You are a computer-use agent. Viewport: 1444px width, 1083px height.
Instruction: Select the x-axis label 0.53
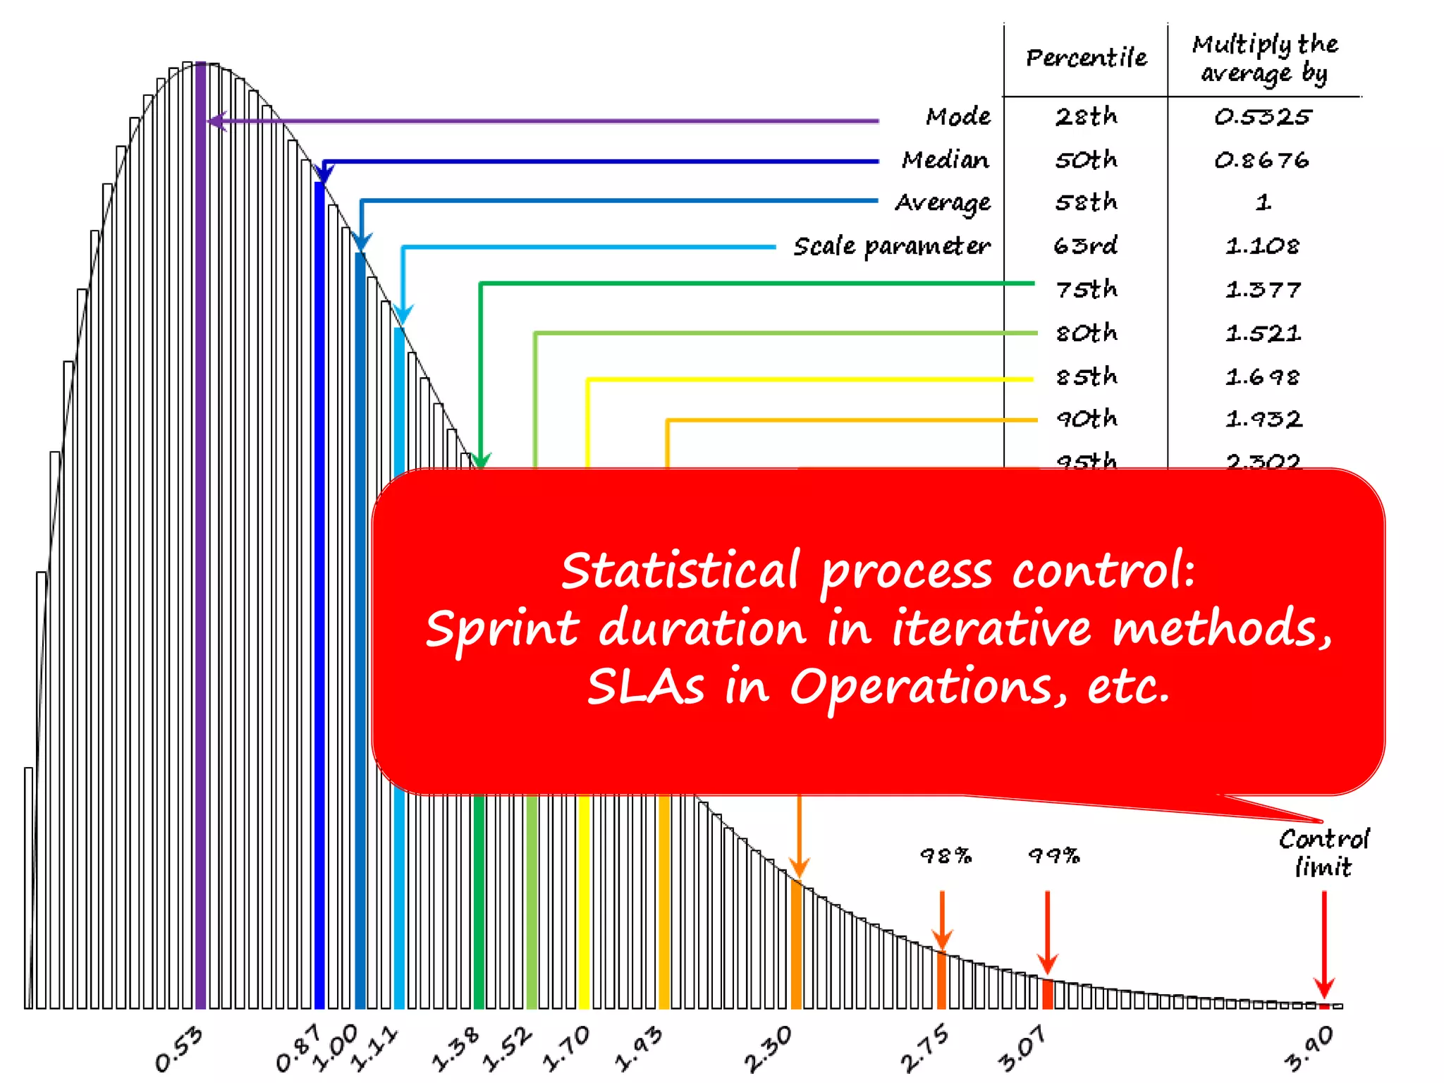pos(179,1049)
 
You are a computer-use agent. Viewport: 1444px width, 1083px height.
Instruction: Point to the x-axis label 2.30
pos(769,1048)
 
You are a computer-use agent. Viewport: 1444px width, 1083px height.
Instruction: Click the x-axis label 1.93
pos(639,1048)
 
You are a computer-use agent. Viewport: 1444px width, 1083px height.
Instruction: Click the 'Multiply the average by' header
pos(1265,59)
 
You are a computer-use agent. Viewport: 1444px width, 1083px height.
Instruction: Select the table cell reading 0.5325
pos(1262,117)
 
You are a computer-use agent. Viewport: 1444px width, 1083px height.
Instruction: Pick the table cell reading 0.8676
pos(1261,161)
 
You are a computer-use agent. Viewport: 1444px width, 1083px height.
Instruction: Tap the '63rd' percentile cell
pos(1086,246)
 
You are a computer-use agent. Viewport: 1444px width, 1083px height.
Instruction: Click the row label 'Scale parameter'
pos(891,247)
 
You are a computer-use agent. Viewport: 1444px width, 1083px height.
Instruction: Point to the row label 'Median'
pos(945,160)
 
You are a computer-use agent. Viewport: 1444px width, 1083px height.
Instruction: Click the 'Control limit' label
pos(1323,853)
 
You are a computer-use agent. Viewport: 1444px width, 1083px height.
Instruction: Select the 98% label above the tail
pos(946,856)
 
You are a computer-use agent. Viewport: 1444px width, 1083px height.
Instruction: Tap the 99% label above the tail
pos(1053,856)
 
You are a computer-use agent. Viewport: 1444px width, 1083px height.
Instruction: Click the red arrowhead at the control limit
pos(1324,987)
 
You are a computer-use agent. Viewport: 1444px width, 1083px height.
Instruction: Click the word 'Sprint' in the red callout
pos(502,628)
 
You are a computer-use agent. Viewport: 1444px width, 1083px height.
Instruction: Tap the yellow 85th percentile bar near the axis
pos(584,917)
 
